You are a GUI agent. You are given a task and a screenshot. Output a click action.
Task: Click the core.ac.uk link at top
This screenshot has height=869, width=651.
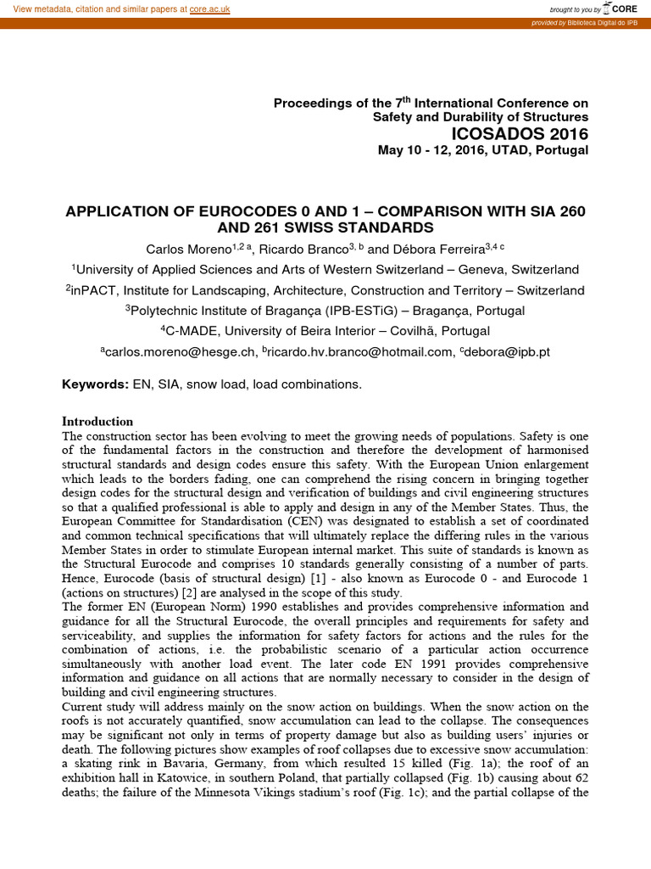[x=209, y=8]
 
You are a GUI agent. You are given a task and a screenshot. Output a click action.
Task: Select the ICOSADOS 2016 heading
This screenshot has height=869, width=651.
[x=520, y=134]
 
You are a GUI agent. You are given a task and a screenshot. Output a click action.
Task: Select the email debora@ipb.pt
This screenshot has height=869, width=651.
[x=508, y=351]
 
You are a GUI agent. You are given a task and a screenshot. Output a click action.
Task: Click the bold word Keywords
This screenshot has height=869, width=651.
[x=95, y=384]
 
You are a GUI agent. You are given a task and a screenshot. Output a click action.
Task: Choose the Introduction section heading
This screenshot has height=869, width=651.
[x=97, y=422]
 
